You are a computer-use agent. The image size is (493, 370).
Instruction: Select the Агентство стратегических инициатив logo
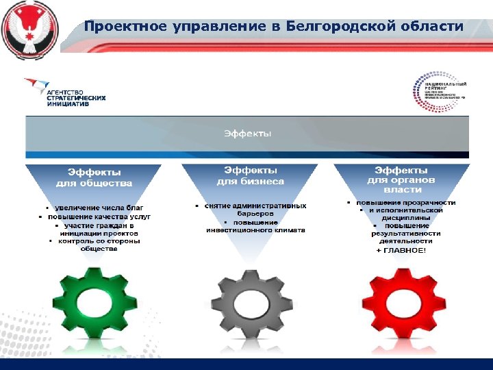[x=64, y=92]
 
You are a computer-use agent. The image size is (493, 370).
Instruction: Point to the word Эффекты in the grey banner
[x=247, y=133]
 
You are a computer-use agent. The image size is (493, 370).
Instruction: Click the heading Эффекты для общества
[x=94, y=177]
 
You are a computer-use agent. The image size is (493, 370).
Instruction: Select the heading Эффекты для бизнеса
[x=250, y=175]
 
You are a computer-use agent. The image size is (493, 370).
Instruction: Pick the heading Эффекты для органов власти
[x=401, y=180]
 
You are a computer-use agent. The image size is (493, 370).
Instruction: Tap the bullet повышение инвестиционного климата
[x=255, y=226]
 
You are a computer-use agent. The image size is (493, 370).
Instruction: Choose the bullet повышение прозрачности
[x=404, y=203]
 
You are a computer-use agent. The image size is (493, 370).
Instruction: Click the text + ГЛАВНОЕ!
[x=401, y=251]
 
